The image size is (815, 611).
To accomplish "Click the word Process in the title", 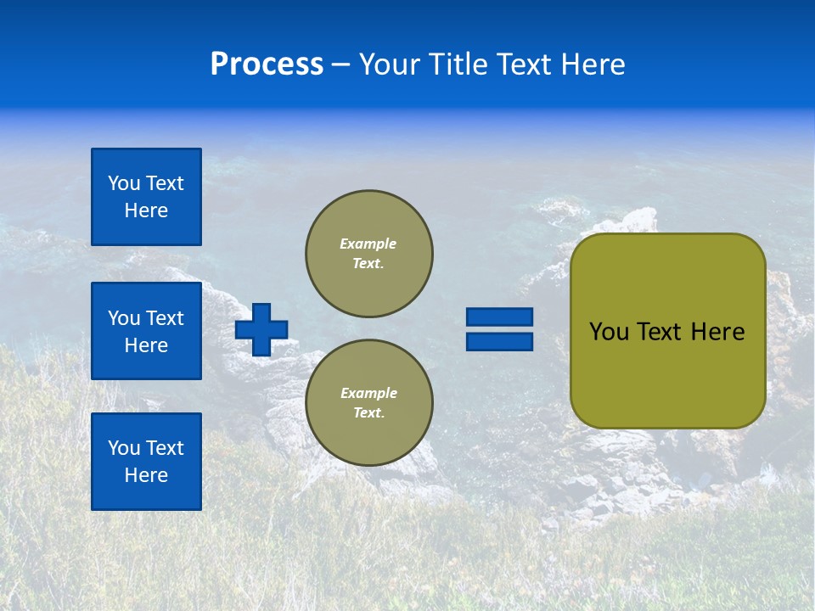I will [x=267, y=64].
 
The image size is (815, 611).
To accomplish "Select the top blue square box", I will [x=146, y=197].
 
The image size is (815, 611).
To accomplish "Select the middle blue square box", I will [x=146, y=331].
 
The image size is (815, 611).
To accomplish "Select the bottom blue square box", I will [x=146, y=462].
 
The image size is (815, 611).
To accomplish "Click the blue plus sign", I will [x=261, y=329].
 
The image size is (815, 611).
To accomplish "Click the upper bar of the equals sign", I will [x=500, y=317].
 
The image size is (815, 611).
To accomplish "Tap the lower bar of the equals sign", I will [x=500, y=341].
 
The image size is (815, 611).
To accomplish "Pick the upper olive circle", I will [x=369, y=254].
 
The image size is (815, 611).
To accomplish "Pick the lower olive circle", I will [x=369, y=403].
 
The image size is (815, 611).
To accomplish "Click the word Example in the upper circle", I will [x=368, y=244].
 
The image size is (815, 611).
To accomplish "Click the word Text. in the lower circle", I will [x=368, y=413].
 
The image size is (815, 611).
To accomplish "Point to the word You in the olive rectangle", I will [x=609, y=332].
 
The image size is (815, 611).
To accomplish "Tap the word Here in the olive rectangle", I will [x=717, y=332].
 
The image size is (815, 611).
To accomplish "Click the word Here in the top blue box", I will [x=146, y=210].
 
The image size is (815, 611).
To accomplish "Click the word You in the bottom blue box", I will [x=124, y=448].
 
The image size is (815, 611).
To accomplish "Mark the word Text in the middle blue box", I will [x=165, y=318].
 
